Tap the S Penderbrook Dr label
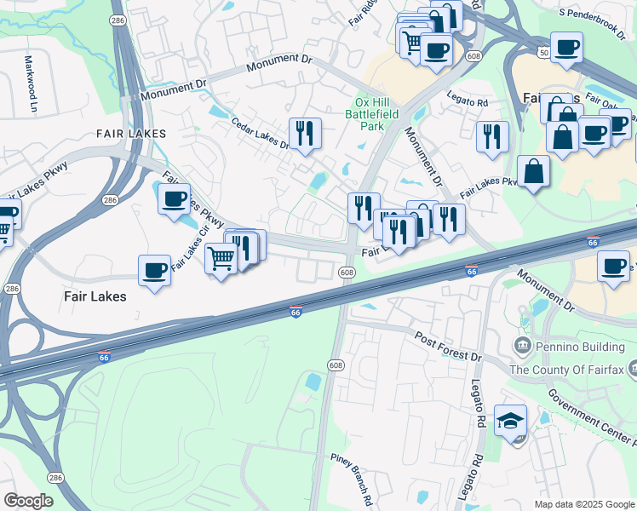[592, 14]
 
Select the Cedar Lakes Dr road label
[261, 133]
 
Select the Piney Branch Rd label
[352, 481]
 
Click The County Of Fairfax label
[566, 370]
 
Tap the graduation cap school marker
[511, 422]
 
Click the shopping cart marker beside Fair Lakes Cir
[221, 257]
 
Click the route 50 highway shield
[543, 53]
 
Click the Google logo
[29, 501]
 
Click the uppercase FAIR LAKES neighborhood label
[128, 134]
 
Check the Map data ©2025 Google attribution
[584, 504]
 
